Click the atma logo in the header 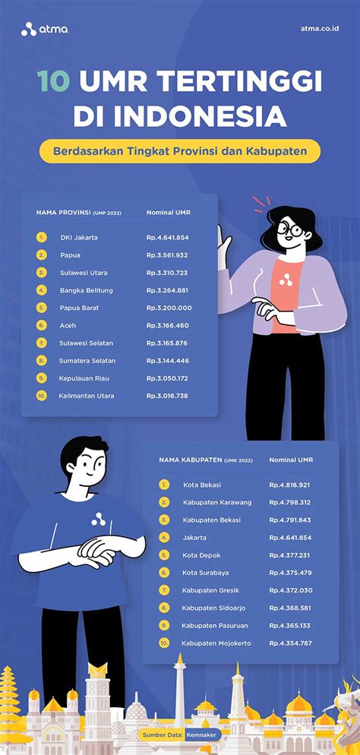(x=45, y=30)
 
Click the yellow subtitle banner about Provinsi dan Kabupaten (x=180, y=150)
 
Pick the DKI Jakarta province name (x=79, y=237)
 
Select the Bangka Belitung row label (x=87, y=290)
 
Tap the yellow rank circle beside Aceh (x=42, y=325)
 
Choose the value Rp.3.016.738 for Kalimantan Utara (x=168, y=396)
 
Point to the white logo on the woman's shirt (x=286, y=280)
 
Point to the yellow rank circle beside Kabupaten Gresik (x=164, y=590)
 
